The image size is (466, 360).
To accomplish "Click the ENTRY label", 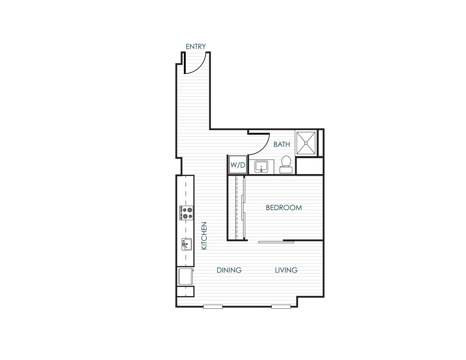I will tap(196, 46).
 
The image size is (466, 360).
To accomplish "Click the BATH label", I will tap(282, 144).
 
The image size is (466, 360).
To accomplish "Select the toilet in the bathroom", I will tap(286, 164).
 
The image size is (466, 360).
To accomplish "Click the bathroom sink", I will tap(261, 166).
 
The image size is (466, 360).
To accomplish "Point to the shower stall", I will tap(306, 143).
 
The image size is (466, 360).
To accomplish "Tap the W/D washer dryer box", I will tap(238, 165).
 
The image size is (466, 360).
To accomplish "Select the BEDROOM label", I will tap(284, 208).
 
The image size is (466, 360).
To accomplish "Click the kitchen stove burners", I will tap(186, 212).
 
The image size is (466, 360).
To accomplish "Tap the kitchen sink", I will tap(186, 245).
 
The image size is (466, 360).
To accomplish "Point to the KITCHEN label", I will tap(204, 235).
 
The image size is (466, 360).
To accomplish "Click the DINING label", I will tap(229, 270).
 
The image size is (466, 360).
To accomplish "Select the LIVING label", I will tap(286, 270).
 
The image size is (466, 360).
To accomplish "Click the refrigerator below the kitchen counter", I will tap(185, 276).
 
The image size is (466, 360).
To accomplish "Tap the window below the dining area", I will tap(213, 306).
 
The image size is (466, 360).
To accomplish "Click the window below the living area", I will tap(281, 306).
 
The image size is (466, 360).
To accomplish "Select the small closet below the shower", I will tap(309, 166).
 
